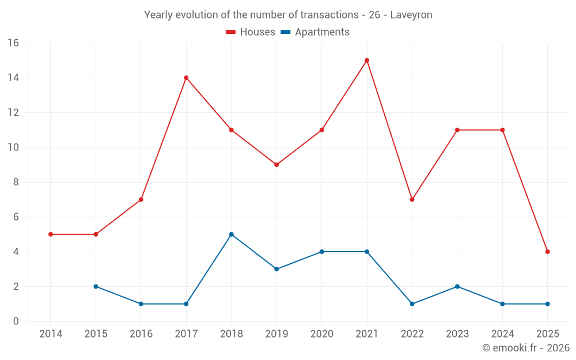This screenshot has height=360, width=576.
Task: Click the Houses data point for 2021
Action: (367, 60)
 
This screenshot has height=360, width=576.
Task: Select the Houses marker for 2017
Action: (186, 78)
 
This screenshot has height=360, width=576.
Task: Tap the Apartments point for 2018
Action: (231, 234)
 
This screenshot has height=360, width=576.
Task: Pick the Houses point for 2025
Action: (547, 252)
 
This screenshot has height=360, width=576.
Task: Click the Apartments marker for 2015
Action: (96, 286)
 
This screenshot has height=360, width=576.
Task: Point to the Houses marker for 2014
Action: (51, 234)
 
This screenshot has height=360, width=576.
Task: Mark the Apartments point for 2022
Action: (412, 304)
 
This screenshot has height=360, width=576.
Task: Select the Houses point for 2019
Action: (276, 165)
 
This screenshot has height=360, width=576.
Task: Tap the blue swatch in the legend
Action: (285, 32)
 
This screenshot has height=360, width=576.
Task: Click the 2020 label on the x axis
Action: (321, 334)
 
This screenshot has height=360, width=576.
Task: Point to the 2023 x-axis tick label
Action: (457, 334)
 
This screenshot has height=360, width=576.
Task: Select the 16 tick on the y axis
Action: (13, 43)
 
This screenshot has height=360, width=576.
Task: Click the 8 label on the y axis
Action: (16, 182)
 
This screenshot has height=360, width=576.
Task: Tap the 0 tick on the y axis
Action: (16, 321)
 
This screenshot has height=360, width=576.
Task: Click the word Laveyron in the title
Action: (411, 15)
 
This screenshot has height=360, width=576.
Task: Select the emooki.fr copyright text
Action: (525, 348)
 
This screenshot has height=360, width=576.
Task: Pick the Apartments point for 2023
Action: (457, 286)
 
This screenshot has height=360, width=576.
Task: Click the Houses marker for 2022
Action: (412, 199)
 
